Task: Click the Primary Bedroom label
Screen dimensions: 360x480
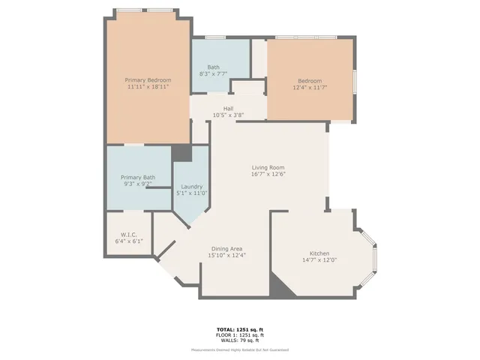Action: pos(148,80)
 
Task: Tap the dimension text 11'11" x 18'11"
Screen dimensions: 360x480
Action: pos(148,87)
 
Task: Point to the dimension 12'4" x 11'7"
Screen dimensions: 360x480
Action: pos(310,88)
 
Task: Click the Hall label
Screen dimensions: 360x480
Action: pos(228,109)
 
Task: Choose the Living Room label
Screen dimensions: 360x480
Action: pos(268,167)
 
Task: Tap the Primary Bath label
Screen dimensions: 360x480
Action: pos(139,178)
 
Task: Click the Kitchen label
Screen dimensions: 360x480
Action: pos(319,253)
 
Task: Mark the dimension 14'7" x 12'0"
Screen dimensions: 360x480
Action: pos(319,260)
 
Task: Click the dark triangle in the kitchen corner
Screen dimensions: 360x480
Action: pos(279,287)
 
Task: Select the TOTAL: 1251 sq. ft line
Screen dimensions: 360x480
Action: pos(240,329)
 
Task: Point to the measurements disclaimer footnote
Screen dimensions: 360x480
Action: pos(240,349)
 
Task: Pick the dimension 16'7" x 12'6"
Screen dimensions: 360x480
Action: pos(268,174)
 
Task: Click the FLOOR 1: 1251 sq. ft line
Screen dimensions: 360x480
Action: pos(240,334)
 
